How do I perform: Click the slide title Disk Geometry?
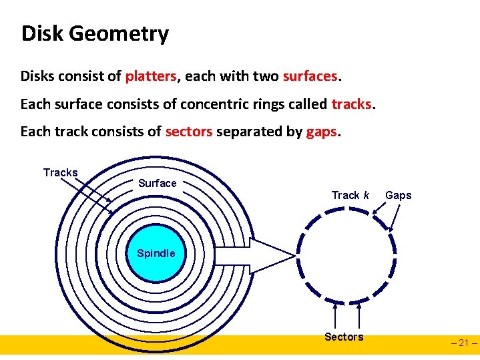click(95, 33)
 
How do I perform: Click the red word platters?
click(151, 76)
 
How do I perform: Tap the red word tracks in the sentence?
click(352, 104)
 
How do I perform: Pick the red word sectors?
click(188, 132)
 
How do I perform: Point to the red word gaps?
click(322, 132)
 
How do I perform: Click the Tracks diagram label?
click(60, 173)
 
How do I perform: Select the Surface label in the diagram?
click(158, 183)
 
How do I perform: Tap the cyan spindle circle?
click(156, 254)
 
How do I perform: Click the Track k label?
click(350, 195)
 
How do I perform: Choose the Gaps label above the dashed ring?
click(399, 195)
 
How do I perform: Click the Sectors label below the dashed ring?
click(344, 337)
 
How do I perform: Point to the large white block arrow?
click(254, 254)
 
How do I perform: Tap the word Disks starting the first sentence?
click(37, 76)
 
